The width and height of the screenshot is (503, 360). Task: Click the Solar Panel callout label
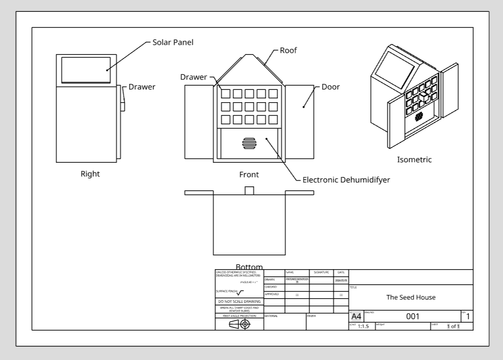(x=173, y=42)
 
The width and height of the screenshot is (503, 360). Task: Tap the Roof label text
(x=288, y=51)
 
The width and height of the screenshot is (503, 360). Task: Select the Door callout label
(x=330, y=87)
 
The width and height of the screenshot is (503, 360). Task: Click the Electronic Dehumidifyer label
(x=346, y=180)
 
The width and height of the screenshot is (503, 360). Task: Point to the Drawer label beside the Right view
(x=142, y=87)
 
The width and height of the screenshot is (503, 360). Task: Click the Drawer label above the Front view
(x=193, y=77)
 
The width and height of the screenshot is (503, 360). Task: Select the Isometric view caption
(x=414, y=160)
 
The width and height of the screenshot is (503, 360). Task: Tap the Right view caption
(x=90, y=174)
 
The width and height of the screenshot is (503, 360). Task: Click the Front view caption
(x=249, y=175)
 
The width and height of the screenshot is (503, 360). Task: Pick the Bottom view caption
(x=249, y=267)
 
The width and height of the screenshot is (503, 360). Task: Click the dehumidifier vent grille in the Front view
(x=249, y=143)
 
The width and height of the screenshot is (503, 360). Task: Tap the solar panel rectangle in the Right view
(x=86, y=70)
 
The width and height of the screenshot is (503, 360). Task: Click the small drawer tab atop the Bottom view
(x=249, y=190)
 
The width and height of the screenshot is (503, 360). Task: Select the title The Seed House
(x=411, y=298)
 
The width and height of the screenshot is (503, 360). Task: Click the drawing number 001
(x=413, y=316)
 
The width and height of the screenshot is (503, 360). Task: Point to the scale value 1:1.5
(x=363, y=326)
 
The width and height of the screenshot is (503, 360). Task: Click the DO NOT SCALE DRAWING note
(x=239, y=301)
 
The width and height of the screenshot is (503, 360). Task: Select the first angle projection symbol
(x=239, y=324)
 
